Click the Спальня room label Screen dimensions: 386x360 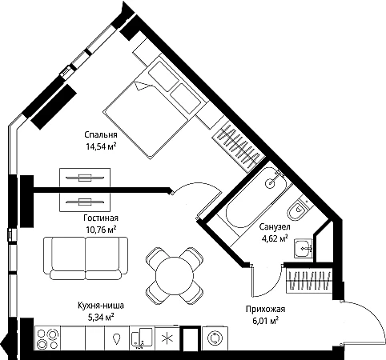[x=101, y=135]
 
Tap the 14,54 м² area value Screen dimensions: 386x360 [x=101, y=146]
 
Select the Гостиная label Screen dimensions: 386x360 [x=101, y=218]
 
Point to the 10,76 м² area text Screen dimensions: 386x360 [x=101, y=230]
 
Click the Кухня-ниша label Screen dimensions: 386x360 [x=101, y=306]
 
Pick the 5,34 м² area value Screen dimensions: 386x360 [x=101, y=317]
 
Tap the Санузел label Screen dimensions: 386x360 [x=275, y=227]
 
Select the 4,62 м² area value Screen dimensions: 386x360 [x=275, y=238]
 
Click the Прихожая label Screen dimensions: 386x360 [x=265, y=310]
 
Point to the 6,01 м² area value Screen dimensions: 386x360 [x=265, y=321]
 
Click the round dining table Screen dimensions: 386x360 [x=175, y=275]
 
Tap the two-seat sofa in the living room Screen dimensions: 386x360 [x=86, y=258]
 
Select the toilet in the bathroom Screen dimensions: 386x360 [x=298, y=210]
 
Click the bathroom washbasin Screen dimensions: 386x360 [x=304, y=248]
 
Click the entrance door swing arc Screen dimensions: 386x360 [x=375, y=314]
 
